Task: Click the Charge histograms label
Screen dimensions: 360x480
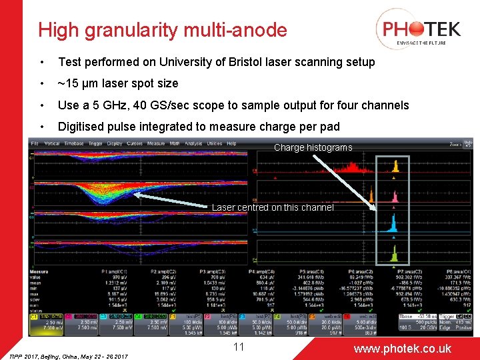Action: [x=313, y=147]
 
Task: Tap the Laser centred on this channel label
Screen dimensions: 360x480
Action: [x=273, y=207]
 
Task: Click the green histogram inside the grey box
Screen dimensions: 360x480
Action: [x=395, y=254]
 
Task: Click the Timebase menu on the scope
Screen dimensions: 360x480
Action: [x=75, y=143]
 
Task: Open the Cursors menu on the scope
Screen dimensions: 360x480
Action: [x=134, y=143]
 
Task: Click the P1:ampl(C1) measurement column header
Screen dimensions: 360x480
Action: [x=114, y=271]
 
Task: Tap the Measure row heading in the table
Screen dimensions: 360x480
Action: [x=39, y=271]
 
